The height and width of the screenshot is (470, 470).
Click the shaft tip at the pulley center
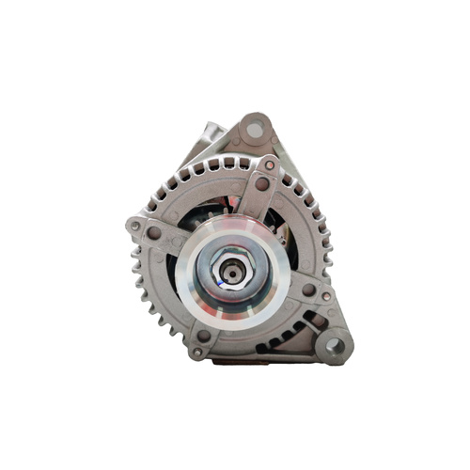(x=230, y=274)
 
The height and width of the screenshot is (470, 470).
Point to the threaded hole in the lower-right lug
(x=333, y=346)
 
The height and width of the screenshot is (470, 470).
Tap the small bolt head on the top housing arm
(x=270, y=165)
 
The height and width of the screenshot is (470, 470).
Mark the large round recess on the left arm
(x=154, y=232)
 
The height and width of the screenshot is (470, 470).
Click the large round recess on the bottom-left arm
(x=203, y=336)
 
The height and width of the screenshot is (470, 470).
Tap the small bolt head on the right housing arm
(x=325, y=296)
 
